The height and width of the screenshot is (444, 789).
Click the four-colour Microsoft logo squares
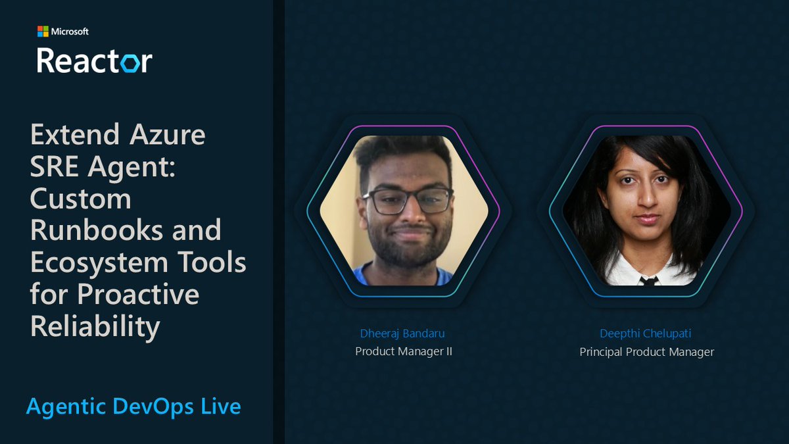pos(43,32)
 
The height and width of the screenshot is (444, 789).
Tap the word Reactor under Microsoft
pos(94,60)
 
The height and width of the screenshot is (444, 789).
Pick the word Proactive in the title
pos(138,295)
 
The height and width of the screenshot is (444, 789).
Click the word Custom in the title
pos(80,199)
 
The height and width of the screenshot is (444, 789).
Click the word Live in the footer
pos(221,407)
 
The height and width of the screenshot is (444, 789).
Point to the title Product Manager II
pos(404,351)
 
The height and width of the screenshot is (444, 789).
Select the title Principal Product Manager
pos(646,352)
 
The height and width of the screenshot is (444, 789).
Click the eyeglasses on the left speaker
pos(407,200)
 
